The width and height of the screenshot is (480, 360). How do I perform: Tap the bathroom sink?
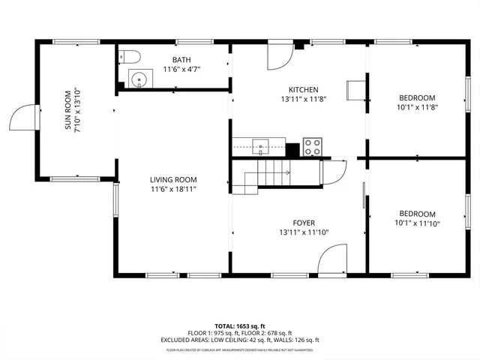(137, 78)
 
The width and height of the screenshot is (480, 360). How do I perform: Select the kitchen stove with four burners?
(312, 147)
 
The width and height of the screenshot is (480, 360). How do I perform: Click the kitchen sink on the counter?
(260, 145)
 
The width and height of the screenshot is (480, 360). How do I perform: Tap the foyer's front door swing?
(332, 262)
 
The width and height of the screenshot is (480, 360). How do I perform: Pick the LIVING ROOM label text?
(172, 179)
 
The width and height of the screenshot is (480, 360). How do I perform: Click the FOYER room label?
(304, 223)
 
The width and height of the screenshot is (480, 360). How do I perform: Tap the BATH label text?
(181, 60)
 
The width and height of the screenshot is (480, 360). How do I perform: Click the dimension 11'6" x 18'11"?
(172, 189)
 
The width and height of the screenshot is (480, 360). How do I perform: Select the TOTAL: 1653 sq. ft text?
(240, 326)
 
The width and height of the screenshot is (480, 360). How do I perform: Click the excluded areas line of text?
(240, 340)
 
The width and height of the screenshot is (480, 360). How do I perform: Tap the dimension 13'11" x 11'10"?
(304, 232)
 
